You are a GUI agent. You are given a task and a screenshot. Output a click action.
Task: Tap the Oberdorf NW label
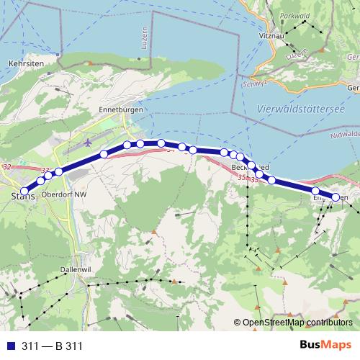tap(64, 194)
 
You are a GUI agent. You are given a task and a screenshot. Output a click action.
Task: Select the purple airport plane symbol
tap(88, 141)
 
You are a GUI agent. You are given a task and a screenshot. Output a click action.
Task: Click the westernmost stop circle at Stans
tap(24, 191)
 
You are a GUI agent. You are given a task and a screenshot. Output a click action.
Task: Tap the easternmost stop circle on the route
tap(335, 197)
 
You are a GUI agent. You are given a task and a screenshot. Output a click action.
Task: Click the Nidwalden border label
tap(348, 135)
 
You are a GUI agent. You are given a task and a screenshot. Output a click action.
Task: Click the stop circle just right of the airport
tap(104, 154)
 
